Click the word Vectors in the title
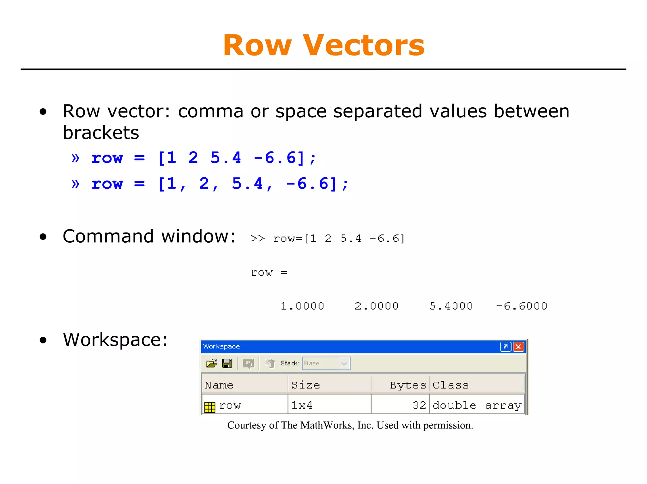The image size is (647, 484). pyautogui.click(x=364, y=46)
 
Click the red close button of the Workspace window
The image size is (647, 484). pyautogui.click(x=518, y=347)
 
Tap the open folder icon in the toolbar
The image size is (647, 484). pyautogui.click(x=212, y=363)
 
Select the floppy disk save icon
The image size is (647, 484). pyautogui.click(x=227, y=363)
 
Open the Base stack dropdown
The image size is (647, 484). pyautogui.click(x=344, y=363)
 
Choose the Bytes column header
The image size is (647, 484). pyautogui.click(x=408, y=385)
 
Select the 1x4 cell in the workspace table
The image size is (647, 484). pyautogui.click(x=302, y=405)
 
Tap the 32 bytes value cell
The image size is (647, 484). pyautogui.click(x=419, y=405)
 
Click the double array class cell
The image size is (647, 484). pyautogui.click(x=476, y=405)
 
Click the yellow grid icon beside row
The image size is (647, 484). pyautogui.click(x=210, y=407)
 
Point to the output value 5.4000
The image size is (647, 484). pyautogui.click(x=451, y=306)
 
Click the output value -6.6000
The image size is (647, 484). pyautogui.click(x=521, y=306)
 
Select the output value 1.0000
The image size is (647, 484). pyautogui.click(x=302, y=306)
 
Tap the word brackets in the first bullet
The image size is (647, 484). pyautogui.click(x=101, y=133)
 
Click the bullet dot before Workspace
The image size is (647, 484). pyautogui.click(x=43, y=340)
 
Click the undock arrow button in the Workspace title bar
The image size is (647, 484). pyautogui.click(x=505, y=347)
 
